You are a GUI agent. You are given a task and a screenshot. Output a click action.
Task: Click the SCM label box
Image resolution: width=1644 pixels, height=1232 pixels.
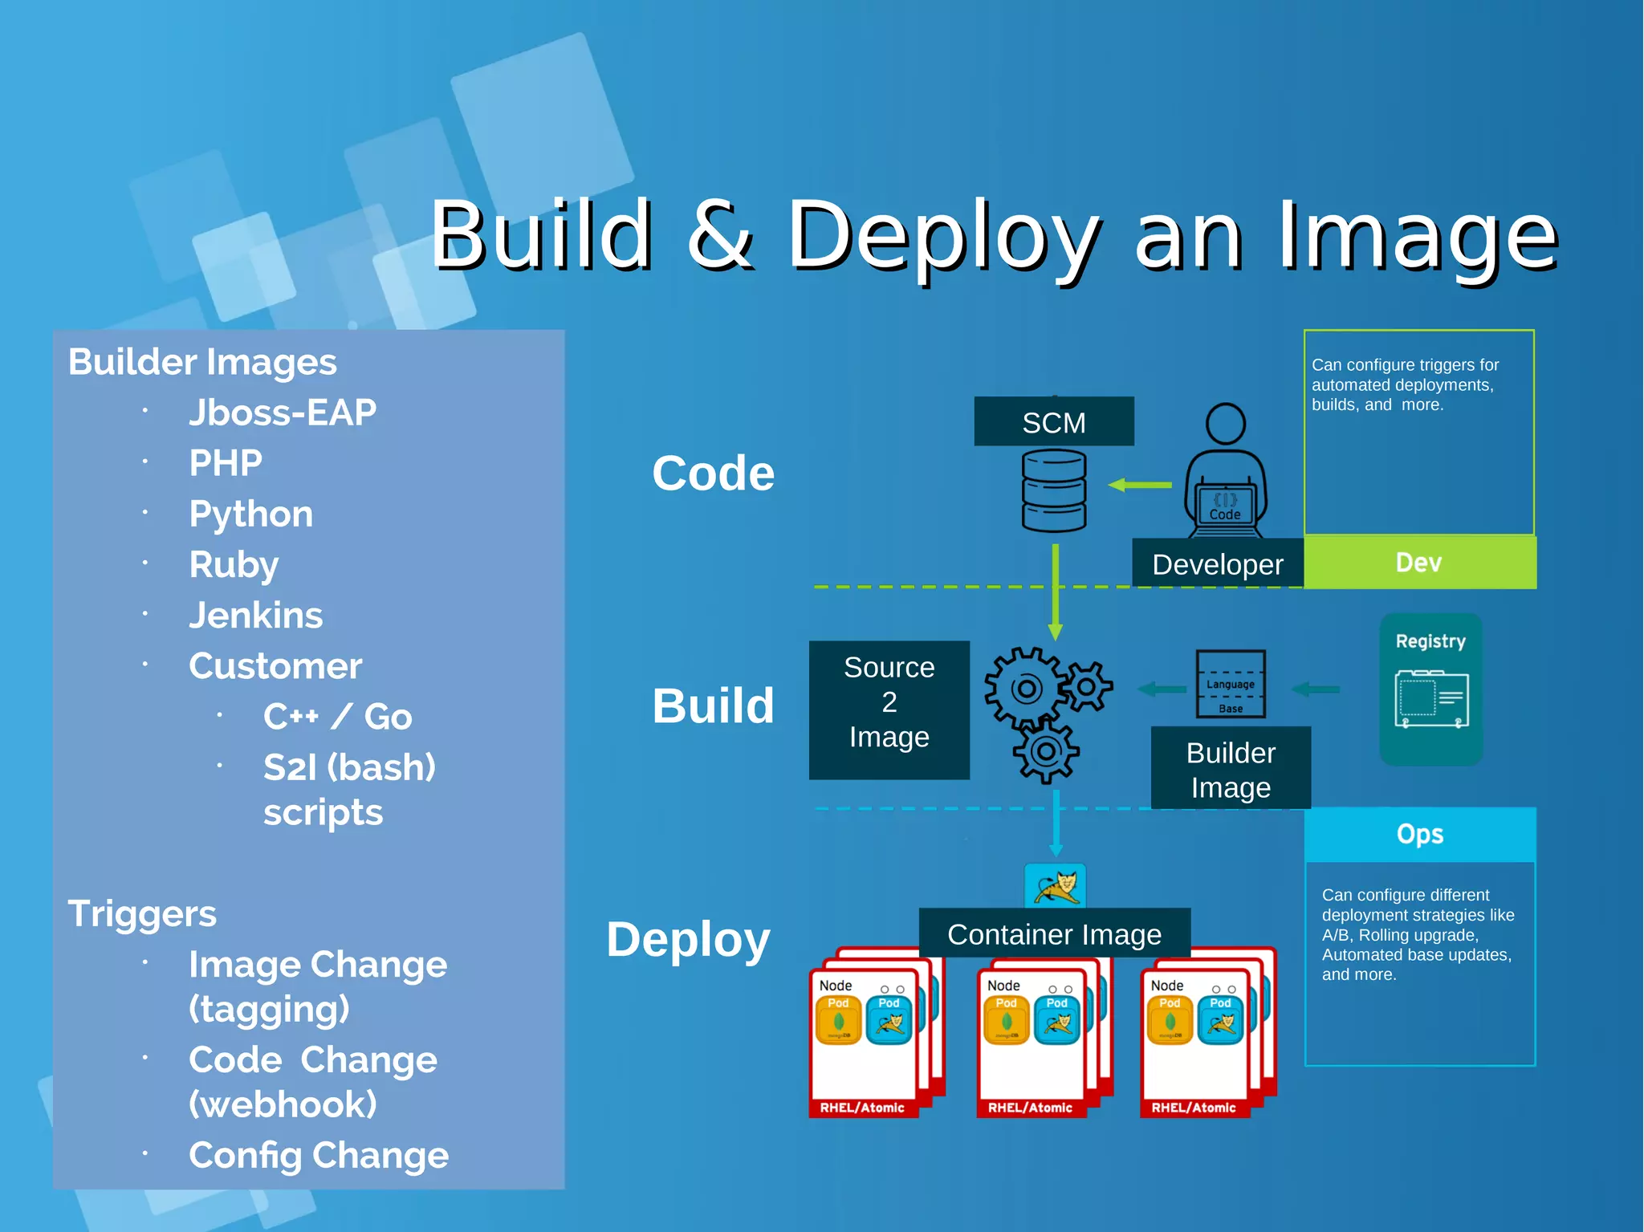[1053, 422]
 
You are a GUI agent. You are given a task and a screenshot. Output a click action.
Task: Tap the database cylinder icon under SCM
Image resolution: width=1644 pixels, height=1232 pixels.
[1053, 490]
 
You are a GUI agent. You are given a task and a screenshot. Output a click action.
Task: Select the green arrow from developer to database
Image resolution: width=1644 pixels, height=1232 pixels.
[1139, 485]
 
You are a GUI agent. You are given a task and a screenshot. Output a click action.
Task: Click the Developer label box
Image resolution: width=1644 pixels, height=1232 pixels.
[1217, 564]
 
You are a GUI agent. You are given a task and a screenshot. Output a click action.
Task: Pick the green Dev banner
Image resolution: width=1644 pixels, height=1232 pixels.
[1419, 563]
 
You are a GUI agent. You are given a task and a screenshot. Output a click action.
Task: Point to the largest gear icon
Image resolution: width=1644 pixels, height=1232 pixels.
[1025, 688]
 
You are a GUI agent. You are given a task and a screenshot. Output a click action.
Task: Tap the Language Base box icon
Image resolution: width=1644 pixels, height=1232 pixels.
[1230, 684]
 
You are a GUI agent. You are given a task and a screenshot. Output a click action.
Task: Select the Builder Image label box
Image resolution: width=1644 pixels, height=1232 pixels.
[1230, 769]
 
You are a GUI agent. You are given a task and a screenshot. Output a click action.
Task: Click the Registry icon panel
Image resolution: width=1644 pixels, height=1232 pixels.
[1430, 689]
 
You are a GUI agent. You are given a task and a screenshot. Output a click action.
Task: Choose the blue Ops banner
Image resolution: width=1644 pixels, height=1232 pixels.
[1419, 835]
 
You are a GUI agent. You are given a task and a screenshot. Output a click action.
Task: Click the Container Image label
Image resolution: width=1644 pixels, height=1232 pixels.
[1053, 934]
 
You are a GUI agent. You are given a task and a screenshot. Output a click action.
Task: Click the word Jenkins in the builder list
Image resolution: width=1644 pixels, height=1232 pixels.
[255, 616]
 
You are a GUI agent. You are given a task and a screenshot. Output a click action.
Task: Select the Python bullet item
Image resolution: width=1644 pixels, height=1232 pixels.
[250, 514]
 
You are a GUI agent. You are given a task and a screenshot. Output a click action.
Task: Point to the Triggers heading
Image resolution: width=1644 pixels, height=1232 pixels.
[142, 914]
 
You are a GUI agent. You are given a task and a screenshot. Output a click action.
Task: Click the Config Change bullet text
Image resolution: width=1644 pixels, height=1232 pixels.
[318, 1156]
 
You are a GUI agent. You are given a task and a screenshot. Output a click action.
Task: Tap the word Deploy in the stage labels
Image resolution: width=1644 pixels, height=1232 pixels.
[688, 940]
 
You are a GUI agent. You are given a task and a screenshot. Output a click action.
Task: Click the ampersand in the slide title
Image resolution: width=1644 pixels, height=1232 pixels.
[719, 235]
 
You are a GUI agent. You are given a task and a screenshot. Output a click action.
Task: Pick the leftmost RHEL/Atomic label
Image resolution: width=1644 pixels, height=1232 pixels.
[861, 1108]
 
